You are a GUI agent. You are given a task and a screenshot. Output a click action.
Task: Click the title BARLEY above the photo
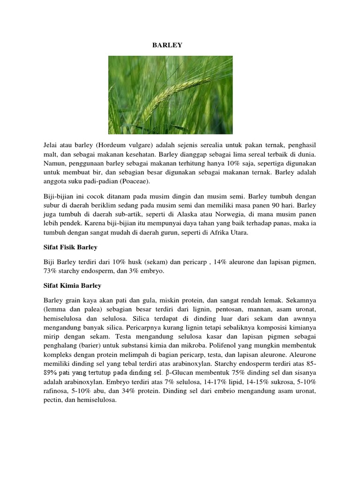167,45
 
